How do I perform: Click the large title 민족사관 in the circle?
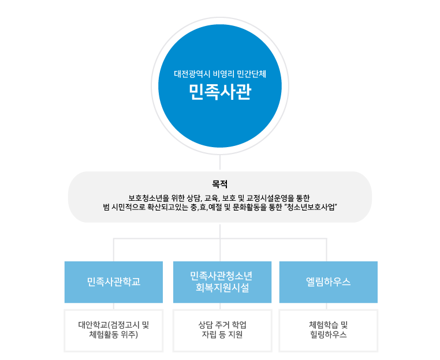(x=220, y=92)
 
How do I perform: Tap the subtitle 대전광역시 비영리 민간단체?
(x=220, y=74)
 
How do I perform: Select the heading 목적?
(x=220, y=185)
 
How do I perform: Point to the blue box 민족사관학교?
(x=114, y=282)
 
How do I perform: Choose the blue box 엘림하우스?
(x=328, y=282)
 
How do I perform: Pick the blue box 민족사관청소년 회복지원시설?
(x=222, y=282)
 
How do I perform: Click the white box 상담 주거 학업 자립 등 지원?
(x=222, y=329)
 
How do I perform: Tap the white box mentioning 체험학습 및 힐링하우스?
(x=328, y=329)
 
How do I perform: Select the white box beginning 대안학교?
(x=114, y=329)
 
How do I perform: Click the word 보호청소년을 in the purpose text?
(x=146, y=197)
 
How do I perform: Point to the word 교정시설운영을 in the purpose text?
(x=270, y=197)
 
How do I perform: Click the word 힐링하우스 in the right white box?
(x=328, y=335)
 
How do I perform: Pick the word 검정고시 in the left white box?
(x=125, y=324)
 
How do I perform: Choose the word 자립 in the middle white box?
(x=208, y=335)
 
